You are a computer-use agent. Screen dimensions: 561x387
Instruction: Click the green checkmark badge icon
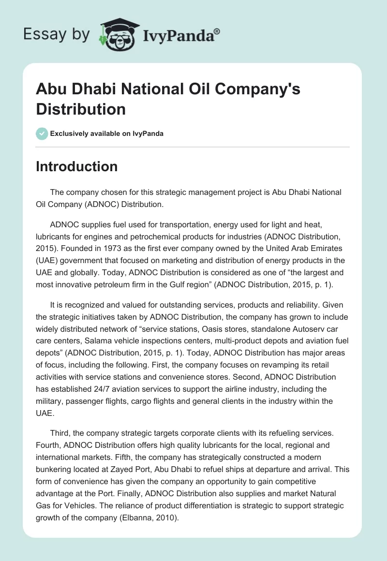42,133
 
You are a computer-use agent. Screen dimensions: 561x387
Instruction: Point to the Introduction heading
77,166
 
